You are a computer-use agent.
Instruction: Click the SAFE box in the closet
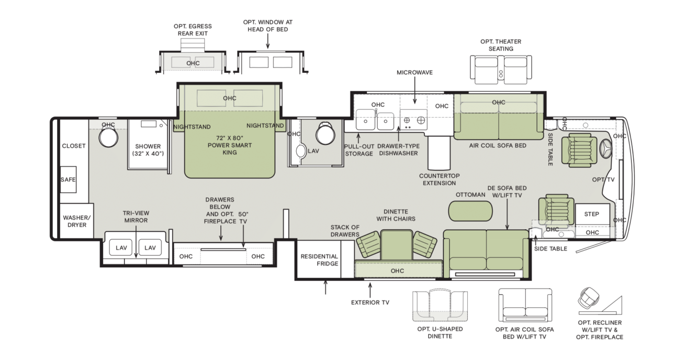click(x=68, y=179)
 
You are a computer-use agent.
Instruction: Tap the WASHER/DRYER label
click(x=77, y=221)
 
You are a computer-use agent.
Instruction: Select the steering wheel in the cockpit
click(x=605, y=149)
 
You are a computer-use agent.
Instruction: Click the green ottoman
click(x=470, y=211)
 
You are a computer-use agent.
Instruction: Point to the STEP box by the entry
click(x=592, y=214)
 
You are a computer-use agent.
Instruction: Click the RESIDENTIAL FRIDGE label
click(x=319, y=260)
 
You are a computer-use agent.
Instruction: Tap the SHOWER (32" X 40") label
click(x=148, y=150)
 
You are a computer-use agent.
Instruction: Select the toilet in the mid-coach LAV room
click(x=325, y=133)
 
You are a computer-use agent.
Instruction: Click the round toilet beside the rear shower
click(x=108, y=137)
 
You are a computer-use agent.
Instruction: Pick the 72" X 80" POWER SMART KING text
click(x=230, y=145)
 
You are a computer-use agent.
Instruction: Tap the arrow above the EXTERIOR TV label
click(x=370, y=290)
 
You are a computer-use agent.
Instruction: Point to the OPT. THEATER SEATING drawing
click(x=501, y=70)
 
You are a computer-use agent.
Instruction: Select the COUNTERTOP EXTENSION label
click(x=440, y=179)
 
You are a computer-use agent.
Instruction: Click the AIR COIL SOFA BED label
click(x=498, y=145)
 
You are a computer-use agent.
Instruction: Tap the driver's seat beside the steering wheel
click(x=579, y=150)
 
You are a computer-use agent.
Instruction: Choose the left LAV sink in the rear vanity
click(x=121, y=248)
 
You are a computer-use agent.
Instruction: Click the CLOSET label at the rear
click(x=74, y=146)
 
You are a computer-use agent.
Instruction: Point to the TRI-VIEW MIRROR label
click(x=136, y=217)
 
